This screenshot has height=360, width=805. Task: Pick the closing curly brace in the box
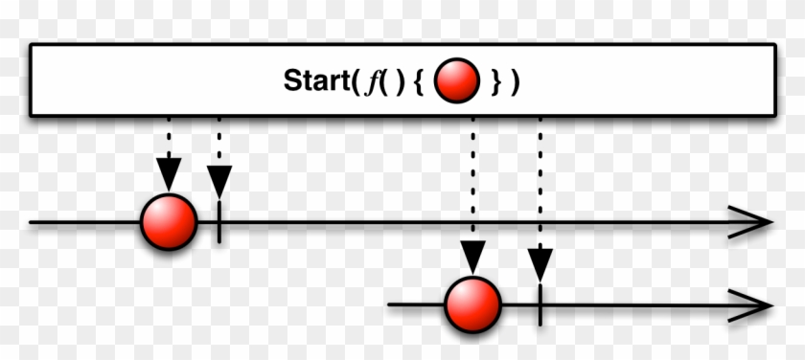[494, 81]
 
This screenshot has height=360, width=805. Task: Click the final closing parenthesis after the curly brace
[516, 81]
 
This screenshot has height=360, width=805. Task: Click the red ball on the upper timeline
[169, 222]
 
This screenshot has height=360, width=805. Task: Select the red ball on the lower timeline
[473, 305]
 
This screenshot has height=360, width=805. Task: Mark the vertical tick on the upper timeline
[219, 222]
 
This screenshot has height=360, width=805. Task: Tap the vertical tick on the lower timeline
[540, 305]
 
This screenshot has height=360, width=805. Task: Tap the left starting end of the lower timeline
[390, 305]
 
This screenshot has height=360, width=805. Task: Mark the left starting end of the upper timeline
[32, 222]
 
